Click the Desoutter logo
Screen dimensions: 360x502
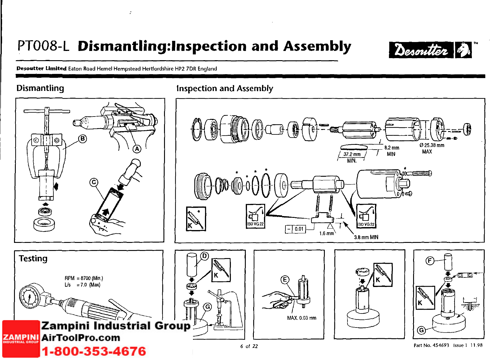tap(430, 50)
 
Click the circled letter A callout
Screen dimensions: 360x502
tap(137, 149)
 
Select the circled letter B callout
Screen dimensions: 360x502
tap(83, 139)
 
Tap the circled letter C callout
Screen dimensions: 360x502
tap(94, 182)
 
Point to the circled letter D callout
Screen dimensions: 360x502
tap(205, 256)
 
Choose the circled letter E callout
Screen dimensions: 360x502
tap(285, 280)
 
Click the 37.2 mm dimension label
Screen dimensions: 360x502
tap(352, 154)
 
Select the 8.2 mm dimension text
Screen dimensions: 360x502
tap(392, 148)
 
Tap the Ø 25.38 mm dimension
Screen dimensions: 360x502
tap(432, 145)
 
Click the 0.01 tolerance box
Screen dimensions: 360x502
tap(299, 229)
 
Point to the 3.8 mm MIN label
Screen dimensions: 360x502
tap(366, 238)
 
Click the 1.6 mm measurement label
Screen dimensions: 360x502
tap(327, 233)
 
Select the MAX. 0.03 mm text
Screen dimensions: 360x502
tap(302, 318)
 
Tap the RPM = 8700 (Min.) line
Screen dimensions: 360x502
tap(84, 278)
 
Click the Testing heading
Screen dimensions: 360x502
tap(33, 258)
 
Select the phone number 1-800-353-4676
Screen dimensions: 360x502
tap(94, 351)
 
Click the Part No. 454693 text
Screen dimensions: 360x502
tap(431, 345)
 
